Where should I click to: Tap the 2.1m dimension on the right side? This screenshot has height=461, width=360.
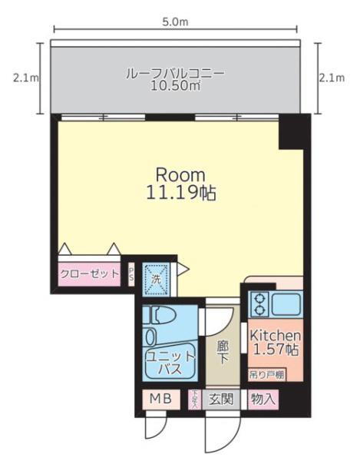pyautogui.click(x=335, y=78)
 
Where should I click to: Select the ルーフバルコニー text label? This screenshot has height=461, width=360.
pyautogui.click(x=175, y=74)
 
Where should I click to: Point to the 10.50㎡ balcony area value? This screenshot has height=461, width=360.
pyautogui.click(x=175, y=87)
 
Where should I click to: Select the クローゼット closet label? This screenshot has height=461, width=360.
pyautogui.click(x=89, y=274)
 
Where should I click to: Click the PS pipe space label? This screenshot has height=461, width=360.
pyautogui.click(x=130, y=274)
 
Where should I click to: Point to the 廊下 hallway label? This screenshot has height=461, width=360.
pyautogui.click(x=223, y=353)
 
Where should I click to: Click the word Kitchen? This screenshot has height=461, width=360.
pyautogui.click(x=274, y=336)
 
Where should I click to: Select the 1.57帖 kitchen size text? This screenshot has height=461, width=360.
pyautogui.click(x=274, y=351)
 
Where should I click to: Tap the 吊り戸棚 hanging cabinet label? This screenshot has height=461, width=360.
pyautogui.click(x=266, y=375)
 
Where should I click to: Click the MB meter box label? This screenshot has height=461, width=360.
pyautogui.click(x=160, y=400)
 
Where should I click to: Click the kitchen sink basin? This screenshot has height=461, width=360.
pyautogui.click(x=286, y=304)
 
